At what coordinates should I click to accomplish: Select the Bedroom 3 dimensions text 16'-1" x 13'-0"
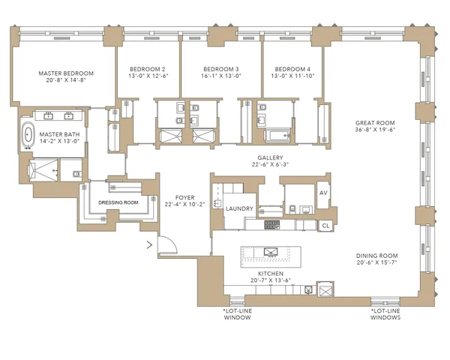tap(221, 75)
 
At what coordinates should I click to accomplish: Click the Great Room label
tap(375, 123)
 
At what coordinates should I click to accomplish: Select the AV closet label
tap(325, 193)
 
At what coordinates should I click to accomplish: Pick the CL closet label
tap(325, 224)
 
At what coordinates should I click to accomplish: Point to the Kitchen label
tap(270, 274)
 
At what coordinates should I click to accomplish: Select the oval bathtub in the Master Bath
tap(28, 136)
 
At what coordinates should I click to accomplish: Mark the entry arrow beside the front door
tap(148, 243)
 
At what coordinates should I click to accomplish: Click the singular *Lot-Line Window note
tap(237, 313)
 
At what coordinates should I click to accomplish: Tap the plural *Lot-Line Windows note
tap(385, 313)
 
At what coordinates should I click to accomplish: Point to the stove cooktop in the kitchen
tap(274, 225)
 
